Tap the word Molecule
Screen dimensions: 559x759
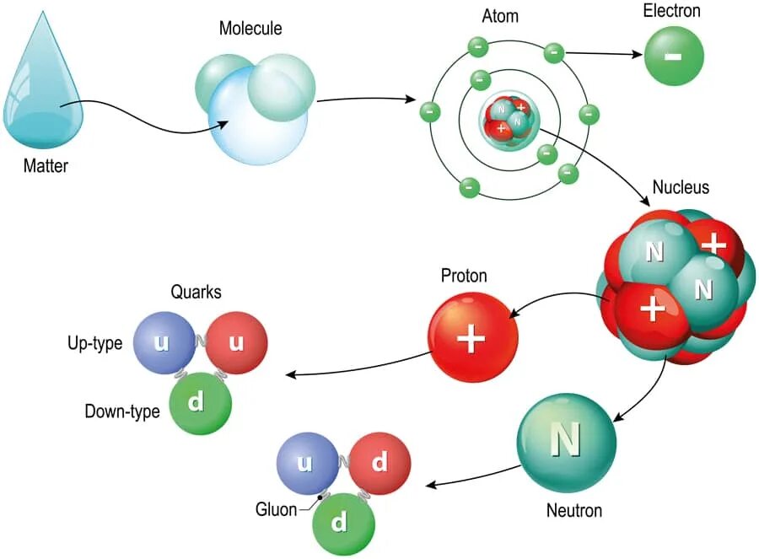click(250, 30)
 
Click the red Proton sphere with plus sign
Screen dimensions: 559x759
click(472, 337)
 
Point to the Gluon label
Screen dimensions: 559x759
click(276, 509)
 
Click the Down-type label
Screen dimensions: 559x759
click(122, 412)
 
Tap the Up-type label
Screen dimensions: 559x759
click(95, 343)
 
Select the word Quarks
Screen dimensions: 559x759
click(196, 293)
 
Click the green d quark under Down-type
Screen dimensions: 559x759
click(200, 404)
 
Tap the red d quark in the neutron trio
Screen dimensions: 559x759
click(379, 463)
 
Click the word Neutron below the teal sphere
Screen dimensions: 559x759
click(573, 510)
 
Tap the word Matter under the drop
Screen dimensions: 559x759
click(46, 166)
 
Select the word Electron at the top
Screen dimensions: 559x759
click(671, 12)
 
